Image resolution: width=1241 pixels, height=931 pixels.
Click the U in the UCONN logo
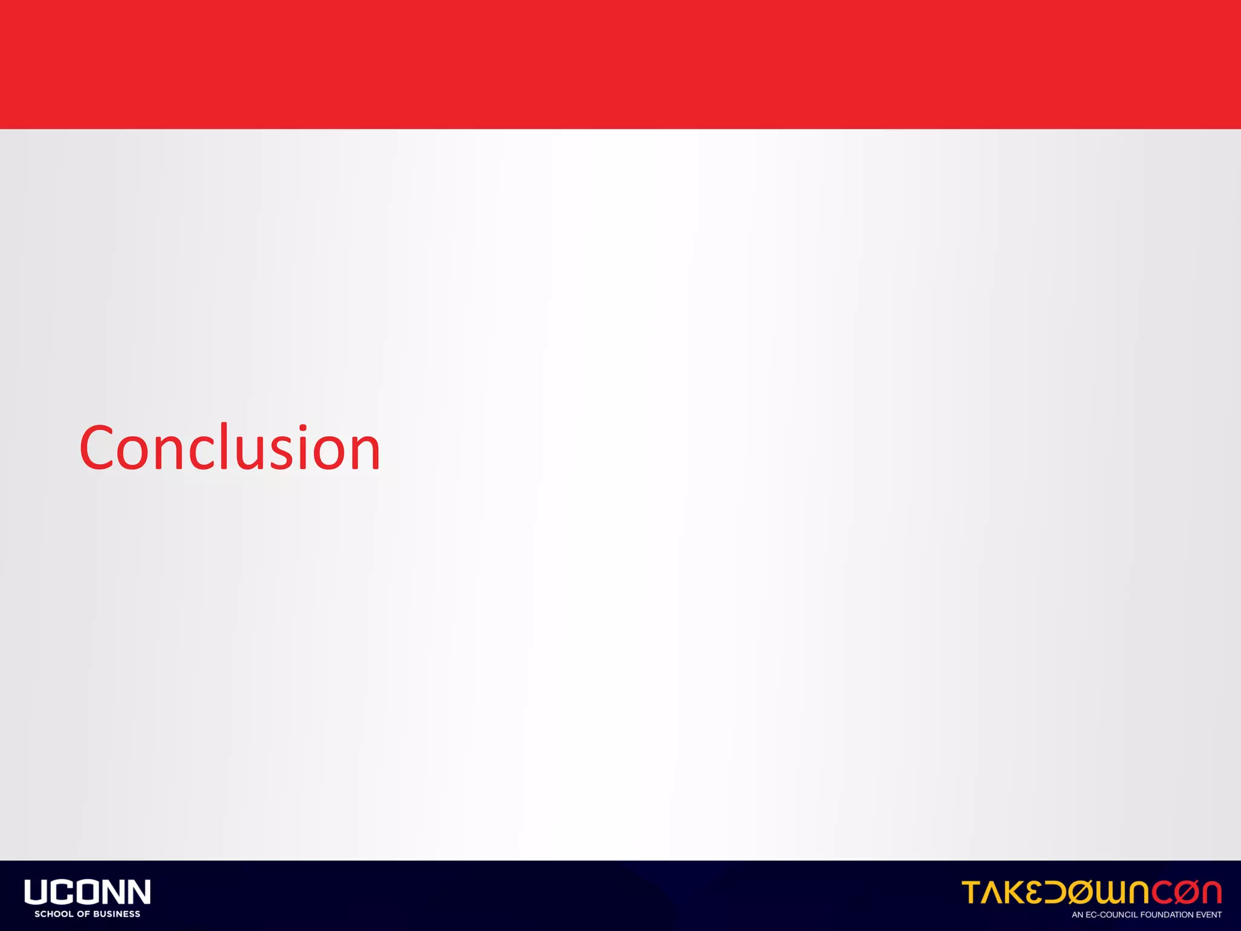point(36,892)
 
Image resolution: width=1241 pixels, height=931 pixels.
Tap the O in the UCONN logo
point(87,892)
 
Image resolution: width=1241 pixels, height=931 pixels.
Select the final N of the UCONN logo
point(138,892)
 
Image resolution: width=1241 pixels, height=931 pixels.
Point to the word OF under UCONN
point(83,914)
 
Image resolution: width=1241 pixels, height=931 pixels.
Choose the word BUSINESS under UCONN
point(116,914)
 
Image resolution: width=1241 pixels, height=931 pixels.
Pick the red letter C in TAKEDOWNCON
point(1159,893)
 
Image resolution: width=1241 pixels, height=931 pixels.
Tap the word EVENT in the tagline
point(1208,915)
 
